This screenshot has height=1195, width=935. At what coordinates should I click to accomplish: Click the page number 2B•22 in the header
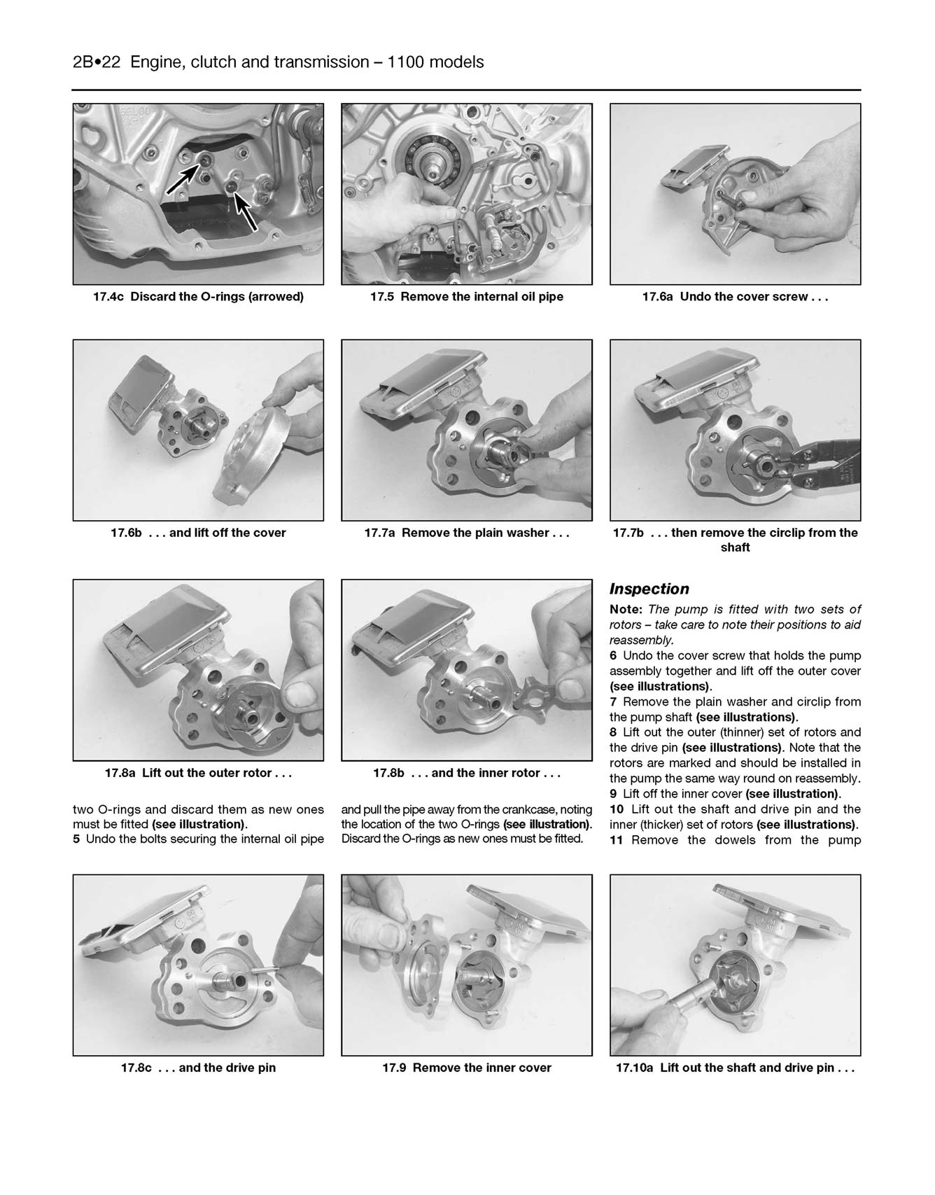pos(97,62)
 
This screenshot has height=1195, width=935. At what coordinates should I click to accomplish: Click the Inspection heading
pos(649,589)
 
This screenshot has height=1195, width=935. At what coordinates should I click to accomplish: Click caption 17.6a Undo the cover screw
pos(735,297)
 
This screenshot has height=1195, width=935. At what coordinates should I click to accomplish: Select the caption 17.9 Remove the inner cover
pos(466,1068)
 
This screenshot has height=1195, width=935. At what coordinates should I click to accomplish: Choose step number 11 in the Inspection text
pos(616,839)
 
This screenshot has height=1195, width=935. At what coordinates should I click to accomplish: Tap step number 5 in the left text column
pos(76,839)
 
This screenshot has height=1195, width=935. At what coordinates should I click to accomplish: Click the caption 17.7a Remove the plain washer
pos(466,533)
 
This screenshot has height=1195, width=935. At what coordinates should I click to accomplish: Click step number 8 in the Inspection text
pos(613,732)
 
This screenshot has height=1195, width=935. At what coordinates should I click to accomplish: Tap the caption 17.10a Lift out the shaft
pos(735,1068)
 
